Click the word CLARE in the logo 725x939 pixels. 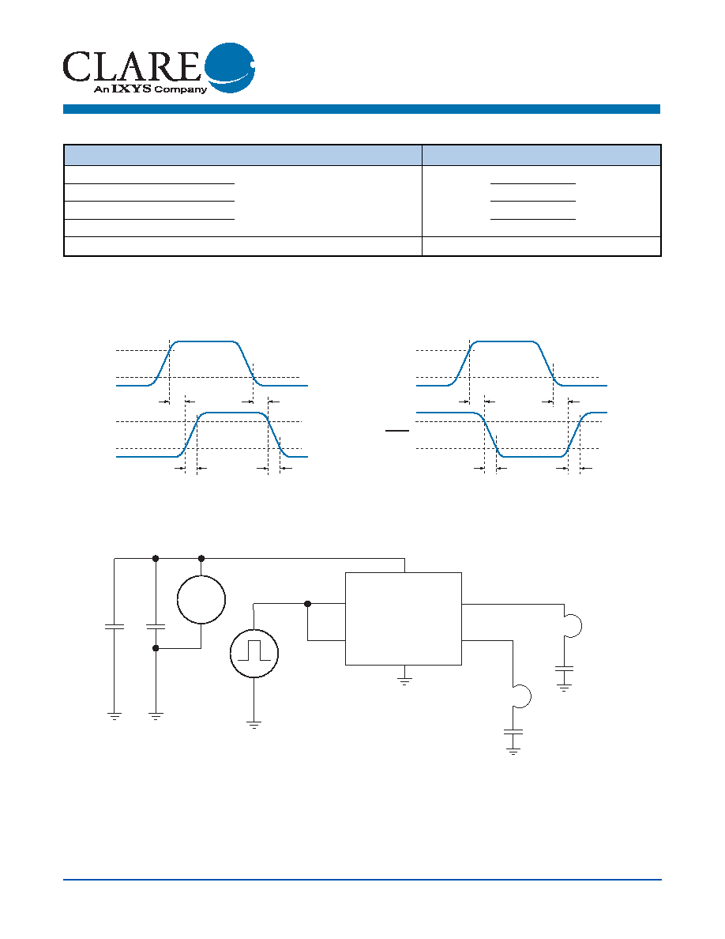pyautogui.click(x=132, y=66)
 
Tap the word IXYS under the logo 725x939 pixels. pyautogui.click(x=132, y=89)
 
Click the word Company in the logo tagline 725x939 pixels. pyautogui.click(x=181, y=90)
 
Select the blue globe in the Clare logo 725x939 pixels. pyautogui.click(x=231, y=68)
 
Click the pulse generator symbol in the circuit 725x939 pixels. pyautogui.click(x=254, y=653)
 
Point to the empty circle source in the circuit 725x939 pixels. pyautogui.click(x=201, y=599)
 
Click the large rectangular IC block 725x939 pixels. pyautogui.click(x=404, y=619)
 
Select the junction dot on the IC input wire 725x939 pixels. pyautogui.click(x=307, y=604)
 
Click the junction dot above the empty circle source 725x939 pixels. pyautogui.click(x=201, y=558)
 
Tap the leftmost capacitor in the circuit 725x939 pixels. pyautogui.click(x=115, y=627)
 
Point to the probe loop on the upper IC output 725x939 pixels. pyautogui.click(x=573, y=626)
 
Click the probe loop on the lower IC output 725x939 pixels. pyautogui.click(x=522, y=696)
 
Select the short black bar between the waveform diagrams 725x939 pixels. pyautogui.click(x=397, y=431)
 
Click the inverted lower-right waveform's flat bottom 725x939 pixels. pyautogui.click(x=532, y=456)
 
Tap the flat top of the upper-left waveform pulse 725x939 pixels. pyautogui.click(x=205, y=341)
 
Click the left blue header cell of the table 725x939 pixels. pyautogui.click(x=243, y=155)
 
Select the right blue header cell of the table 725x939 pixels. pyautogui.click(x=541, y=155)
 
